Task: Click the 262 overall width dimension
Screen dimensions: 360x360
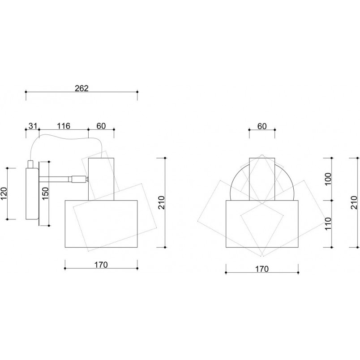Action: tap(81, 88)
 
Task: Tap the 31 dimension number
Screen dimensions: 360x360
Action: tap(33, 126)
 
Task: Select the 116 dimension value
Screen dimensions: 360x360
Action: tap(64, 126)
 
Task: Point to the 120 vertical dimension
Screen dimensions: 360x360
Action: tap(4, 193)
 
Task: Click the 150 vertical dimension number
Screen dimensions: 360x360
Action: tap(45, 193)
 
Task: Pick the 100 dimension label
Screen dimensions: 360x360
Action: tap(329, 179)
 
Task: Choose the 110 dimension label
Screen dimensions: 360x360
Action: tap(329, 224)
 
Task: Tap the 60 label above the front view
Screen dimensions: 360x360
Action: tap(262, 126)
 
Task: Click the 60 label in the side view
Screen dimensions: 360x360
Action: tap(101, 126)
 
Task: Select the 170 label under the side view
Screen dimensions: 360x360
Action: tap(101, 265)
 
